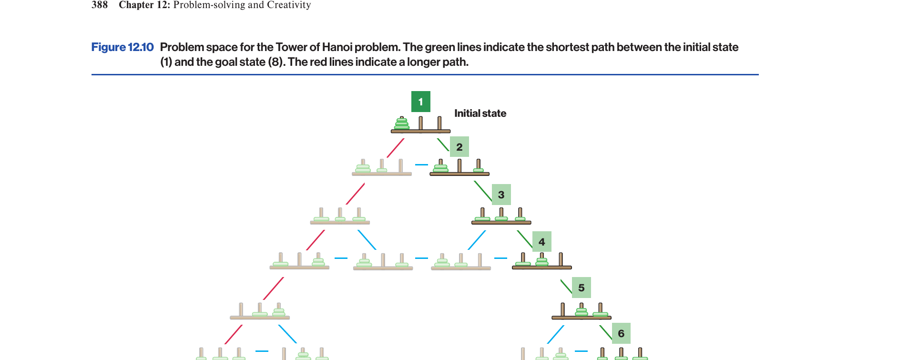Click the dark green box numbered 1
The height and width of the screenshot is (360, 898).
pos(420,102)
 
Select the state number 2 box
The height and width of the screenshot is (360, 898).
pos(459,147)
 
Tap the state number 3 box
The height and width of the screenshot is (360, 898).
pos(501,195)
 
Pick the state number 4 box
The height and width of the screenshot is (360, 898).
pos(542,242)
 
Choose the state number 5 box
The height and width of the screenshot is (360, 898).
pos(581,288)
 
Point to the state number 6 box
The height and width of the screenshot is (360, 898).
pos(621,333)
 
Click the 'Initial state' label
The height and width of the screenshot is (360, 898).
pos(480,113)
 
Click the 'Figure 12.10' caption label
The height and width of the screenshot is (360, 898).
pos(122,47)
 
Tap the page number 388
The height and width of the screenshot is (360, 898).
pos(100,5)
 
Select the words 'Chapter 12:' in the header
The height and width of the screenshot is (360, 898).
pos(144,5)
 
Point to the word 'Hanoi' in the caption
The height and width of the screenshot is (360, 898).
pos(337,47)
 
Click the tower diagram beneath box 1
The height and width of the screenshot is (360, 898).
pos(420,124)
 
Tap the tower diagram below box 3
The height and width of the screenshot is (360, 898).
pos(501,216)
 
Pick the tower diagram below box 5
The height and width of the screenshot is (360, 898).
pos(581,311)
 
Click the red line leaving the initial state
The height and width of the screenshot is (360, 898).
pos(396,148)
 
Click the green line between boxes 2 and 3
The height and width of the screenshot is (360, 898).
pos(483,191)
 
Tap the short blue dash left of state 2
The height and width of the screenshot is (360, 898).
pos(421,165)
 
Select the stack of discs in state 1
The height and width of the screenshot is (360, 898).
pos(402,123)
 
